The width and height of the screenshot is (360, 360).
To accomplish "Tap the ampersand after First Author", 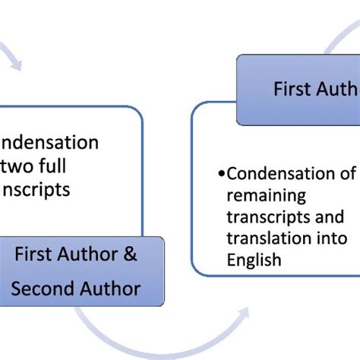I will [131, 255].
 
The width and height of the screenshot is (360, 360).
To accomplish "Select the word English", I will [254, 261].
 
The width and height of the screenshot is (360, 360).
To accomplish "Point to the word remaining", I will [261, 195].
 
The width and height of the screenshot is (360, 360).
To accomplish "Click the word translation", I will [267, 238].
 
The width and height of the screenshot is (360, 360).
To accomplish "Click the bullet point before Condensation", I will [221, 174].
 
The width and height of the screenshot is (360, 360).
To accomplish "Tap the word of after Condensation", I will [346, 174].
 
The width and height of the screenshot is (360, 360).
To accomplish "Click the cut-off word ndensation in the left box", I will [49, 143].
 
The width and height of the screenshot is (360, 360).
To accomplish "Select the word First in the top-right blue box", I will [292, 90].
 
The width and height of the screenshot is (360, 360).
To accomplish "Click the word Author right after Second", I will [112, 289].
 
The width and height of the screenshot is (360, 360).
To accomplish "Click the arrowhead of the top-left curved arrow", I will [15, 68].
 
